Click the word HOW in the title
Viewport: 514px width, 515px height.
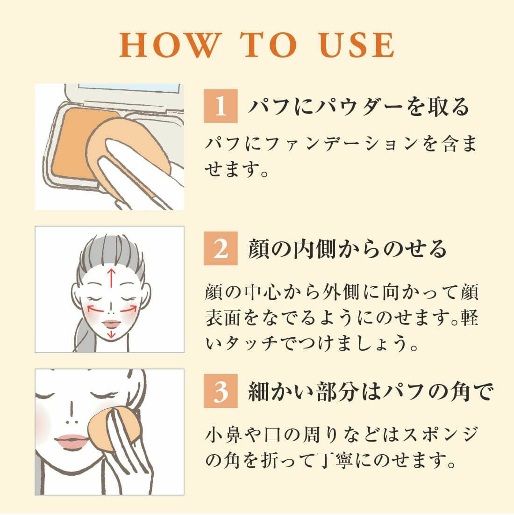(x=171, y=45)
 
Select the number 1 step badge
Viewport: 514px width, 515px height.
(x=221, y=106)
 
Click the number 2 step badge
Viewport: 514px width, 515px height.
(x=221, y=248)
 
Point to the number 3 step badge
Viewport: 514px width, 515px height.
(x=221, y=391)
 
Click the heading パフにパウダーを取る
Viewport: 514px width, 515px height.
(x=359, y=107)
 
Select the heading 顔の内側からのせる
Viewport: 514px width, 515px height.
(x=348, y=249)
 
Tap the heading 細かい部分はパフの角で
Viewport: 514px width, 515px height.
(x=371, y=392)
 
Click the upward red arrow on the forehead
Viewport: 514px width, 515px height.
(x=112, y=278)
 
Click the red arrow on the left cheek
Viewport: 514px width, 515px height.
(x=95, y=309)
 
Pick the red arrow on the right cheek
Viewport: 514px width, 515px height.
(x=128, y=309)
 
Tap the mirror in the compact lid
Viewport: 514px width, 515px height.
(x=129, y=87)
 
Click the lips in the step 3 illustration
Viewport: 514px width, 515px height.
(x=72, y=440)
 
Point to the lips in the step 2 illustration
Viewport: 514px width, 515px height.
(x=112, y=324)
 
